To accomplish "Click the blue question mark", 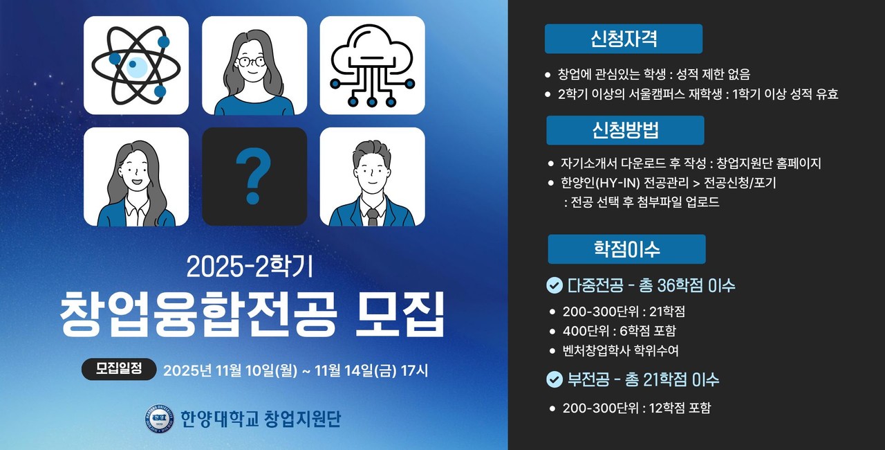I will tap(253, 178).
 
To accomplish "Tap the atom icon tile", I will tap(136, 66).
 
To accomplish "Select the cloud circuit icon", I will tap(372, 66).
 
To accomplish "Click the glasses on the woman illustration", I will tap(253, 61).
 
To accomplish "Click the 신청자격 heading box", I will tap(623, 39).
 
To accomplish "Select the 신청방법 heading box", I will tap(625, 130).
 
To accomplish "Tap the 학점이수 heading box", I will tap(626, 249).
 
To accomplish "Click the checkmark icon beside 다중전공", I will tap(555, 285).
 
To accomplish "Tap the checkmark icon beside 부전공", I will tap(555, 379).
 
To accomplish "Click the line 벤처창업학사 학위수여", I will tap(620, 350).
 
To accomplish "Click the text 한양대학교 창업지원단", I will tap(260, 419).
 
